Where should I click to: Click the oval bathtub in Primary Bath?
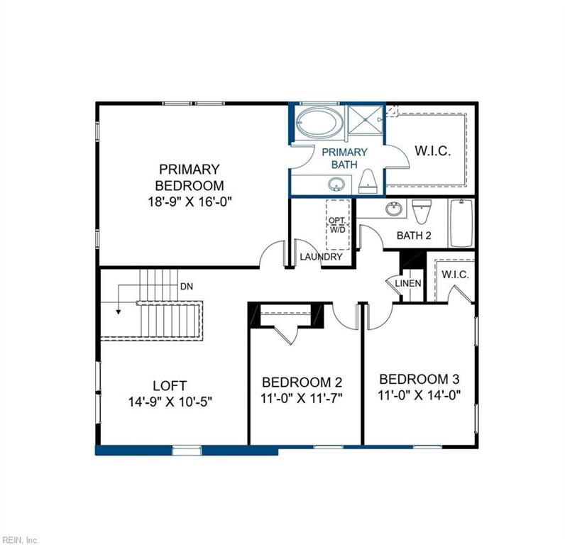pos(319,123)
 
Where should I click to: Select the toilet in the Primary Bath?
pos(368,182)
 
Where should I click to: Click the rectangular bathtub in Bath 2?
pos(461,223)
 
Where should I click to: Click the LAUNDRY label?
pos(321,257)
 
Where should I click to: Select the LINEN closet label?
pos(408,284)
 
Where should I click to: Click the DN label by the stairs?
pos(187,287)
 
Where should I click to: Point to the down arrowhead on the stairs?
pos(119,310)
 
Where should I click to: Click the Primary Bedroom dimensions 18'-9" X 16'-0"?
pos(189,202)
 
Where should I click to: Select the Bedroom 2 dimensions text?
pos(302,397)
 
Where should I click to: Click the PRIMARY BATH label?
pos(344,158)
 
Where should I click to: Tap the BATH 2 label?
pos(414,235)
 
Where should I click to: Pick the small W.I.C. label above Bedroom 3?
pos(455,275)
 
